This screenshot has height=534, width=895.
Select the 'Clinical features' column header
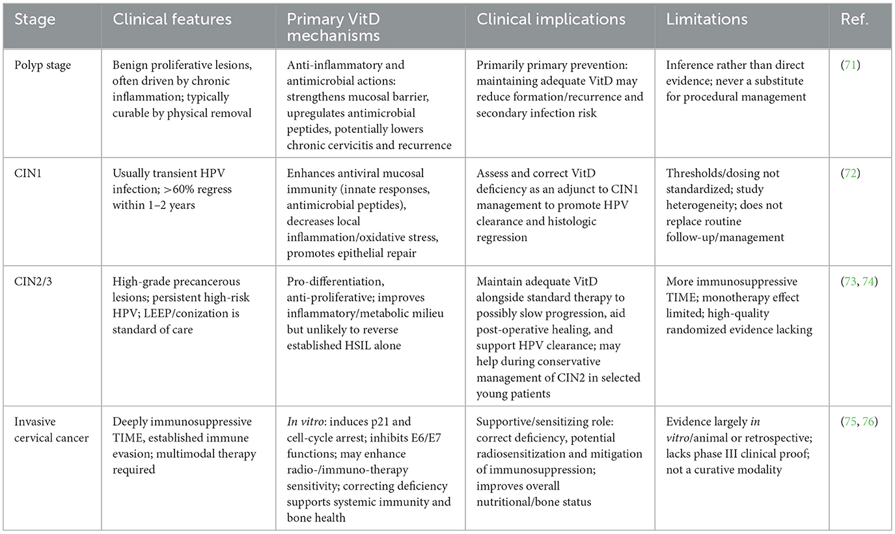click(172, 20)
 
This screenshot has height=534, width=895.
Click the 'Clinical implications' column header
click(551, 20)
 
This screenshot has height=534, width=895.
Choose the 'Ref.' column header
click(855, 20)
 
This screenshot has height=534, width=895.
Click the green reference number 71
click(854, 65)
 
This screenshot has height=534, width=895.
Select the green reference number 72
click(854, 174)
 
